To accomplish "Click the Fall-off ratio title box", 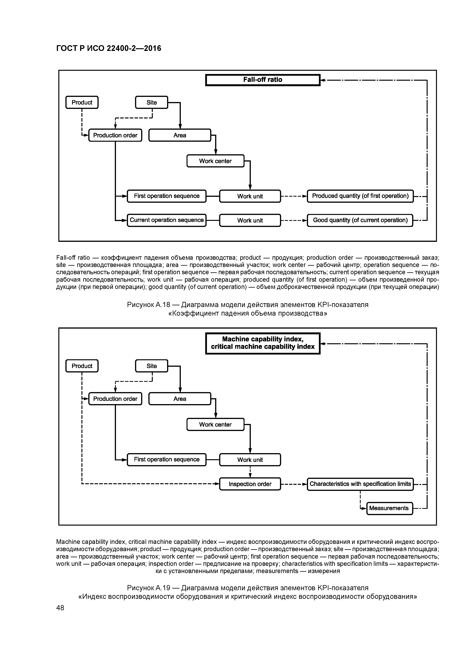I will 263,80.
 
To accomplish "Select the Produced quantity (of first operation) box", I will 360,196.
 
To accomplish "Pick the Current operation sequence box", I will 167,220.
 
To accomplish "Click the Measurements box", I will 389,508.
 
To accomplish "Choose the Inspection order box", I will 250,484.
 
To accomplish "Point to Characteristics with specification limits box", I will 360,484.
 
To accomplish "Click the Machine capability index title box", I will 263,343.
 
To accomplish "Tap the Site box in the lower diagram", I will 152,366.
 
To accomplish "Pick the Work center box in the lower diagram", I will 215,425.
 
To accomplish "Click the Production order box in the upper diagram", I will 115,135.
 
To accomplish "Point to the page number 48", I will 60,608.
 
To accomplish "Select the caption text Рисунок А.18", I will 149,305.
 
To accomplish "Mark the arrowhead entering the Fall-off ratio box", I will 323,80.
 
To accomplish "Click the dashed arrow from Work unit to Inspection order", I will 250,472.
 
